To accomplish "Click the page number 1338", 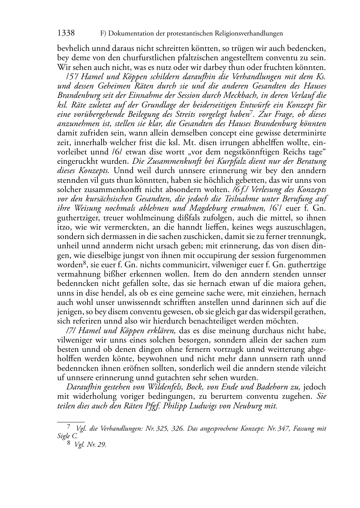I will [66, 34].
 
